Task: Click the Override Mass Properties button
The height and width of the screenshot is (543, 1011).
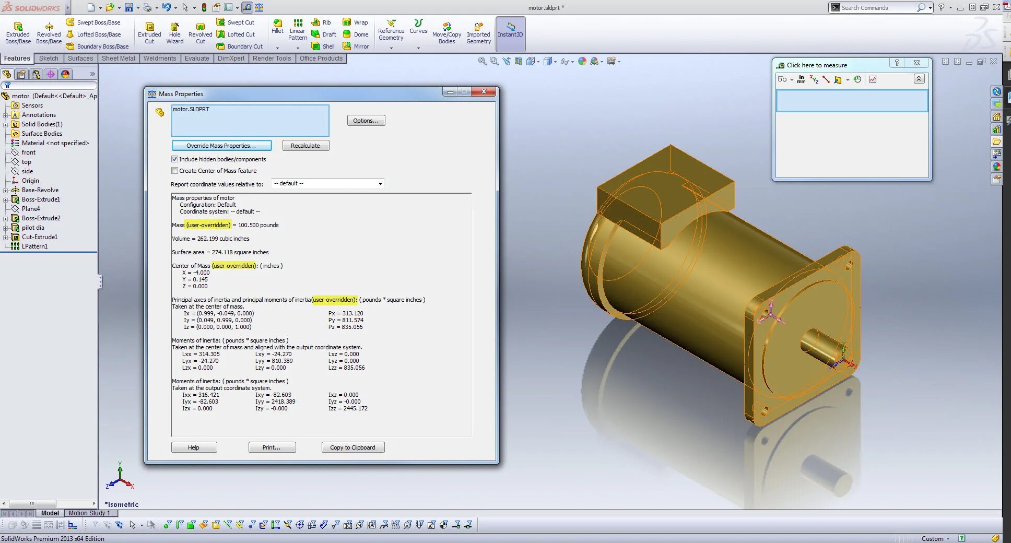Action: [x=221, y=146]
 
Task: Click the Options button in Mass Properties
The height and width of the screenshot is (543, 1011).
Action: [x=366, y=121]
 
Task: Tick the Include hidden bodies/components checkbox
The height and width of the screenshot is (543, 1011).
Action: [x=175, y=159]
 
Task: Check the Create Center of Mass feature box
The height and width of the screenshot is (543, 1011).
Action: [x=175, y=171]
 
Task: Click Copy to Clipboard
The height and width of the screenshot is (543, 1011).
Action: [x=352, y=447]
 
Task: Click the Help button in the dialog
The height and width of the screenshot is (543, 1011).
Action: [x=194, y=447]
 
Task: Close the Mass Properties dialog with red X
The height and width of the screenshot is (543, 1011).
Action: [x=484, y=91]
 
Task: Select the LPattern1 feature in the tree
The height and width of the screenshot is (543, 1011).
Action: [x=34, y=246]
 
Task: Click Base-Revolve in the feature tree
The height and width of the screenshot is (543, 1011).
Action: [x=40, y=190]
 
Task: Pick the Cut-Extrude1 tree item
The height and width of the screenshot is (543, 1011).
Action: [x=40, y=237]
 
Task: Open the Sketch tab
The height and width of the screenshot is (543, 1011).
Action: [x=49, y=58]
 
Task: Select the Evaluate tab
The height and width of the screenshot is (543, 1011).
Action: [x=197, y=58]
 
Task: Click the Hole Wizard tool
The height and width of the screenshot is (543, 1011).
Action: [x=175, y=33]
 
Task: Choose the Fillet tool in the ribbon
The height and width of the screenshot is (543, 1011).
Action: [x=277, y=27]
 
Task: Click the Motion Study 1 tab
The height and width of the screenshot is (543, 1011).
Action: [x=89, y=513]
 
